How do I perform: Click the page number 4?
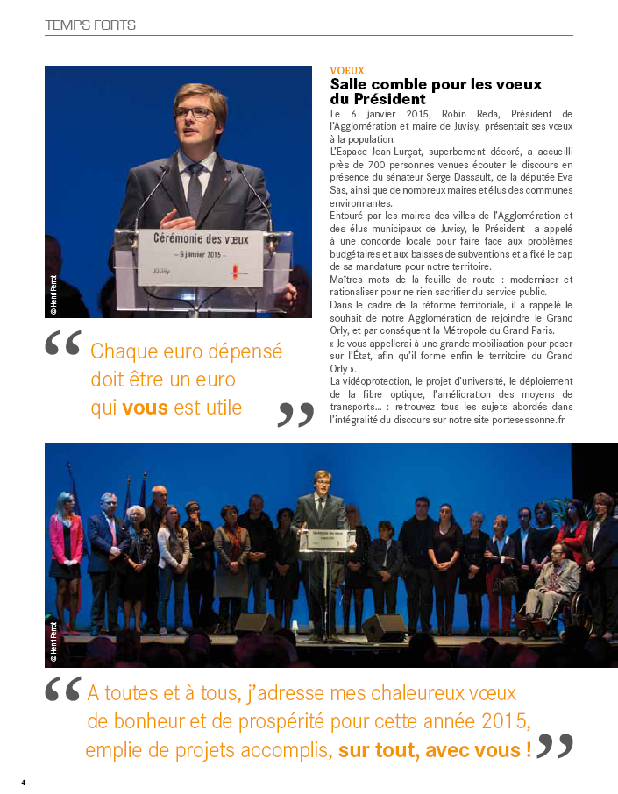click(x=24, y=782)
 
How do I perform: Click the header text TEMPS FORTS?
click(x=90, y=25)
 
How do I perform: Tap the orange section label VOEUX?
click(x=347, y=71)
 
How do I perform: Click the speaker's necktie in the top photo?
click(x=195, y=188)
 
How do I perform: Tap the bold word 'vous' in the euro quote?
click(x=145, y=408)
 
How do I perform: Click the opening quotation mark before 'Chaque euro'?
click(x=63, y=344)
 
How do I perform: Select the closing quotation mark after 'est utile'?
click(x=295, y=415)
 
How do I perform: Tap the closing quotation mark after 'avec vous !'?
click(x=556, y=746)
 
